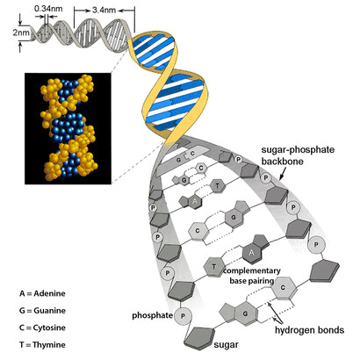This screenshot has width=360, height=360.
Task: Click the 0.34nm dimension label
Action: click(x=48, y=9)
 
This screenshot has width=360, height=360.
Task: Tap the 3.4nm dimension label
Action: click(x=104, y=11)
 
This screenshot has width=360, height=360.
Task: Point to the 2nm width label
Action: click(x=21, y=32)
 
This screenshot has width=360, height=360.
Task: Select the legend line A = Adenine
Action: click(x=43, y=293)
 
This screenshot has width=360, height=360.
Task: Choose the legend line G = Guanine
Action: click(x=43, y=310)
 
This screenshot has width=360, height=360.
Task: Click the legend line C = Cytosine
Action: click(x=43, y=328)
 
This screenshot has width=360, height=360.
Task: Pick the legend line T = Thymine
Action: click(x=43, y=344)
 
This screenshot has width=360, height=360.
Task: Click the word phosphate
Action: click(x=153, y=315)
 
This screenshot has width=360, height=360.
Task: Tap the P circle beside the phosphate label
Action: click(x=184, y=316)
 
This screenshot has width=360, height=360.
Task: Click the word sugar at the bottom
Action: click(x=226, y=345)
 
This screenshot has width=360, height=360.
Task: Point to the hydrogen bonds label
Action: click(x=309, y=330)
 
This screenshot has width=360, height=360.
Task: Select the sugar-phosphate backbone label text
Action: click(x=298, y=155)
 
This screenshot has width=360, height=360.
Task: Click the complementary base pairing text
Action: click(x=252, y=276)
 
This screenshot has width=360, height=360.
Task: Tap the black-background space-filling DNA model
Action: click(x=68, y=128)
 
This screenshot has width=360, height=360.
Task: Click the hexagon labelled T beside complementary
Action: click(x=214, y=267)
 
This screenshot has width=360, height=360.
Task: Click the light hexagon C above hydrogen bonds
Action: click(x=283, y=288)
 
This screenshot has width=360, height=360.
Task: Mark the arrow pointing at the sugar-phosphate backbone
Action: click(x=283, y=174)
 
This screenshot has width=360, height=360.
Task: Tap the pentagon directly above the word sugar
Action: click(x=199, y=339)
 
